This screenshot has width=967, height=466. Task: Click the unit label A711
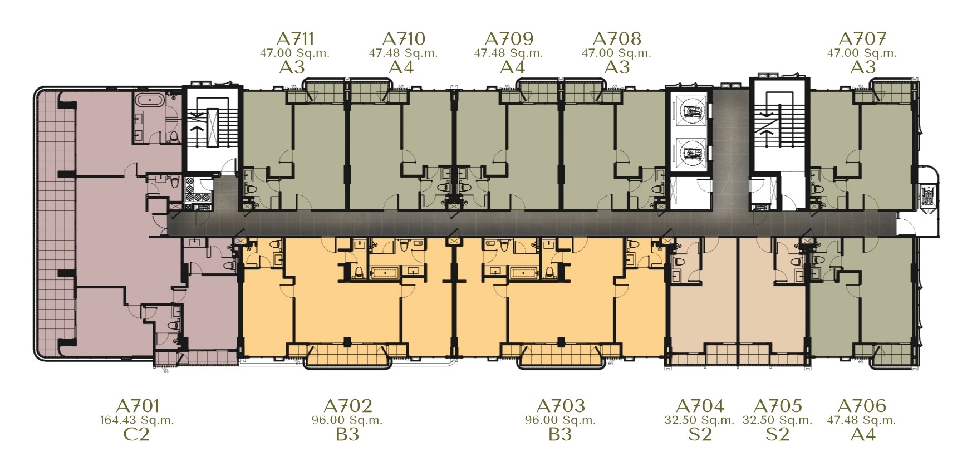295,38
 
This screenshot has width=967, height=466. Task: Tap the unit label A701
138,405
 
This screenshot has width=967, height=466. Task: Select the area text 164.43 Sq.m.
137,420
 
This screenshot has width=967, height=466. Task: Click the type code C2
136,434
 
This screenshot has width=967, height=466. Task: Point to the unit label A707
862,38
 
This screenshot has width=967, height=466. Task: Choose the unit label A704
700,405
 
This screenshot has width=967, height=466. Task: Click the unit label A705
777,405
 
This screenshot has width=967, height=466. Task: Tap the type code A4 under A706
863,434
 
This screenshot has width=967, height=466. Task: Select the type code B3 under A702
347,434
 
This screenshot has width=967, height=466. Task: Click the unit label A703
561,405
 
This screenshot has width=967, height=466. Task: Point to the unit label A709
509,38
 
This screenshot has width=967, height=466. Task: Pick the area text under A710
403,53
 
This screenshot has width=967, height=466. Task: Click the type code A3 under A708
617,67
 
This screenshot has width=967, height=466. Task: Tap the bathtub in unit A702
385,272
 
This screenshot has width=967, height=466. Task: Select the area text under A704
699,420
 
